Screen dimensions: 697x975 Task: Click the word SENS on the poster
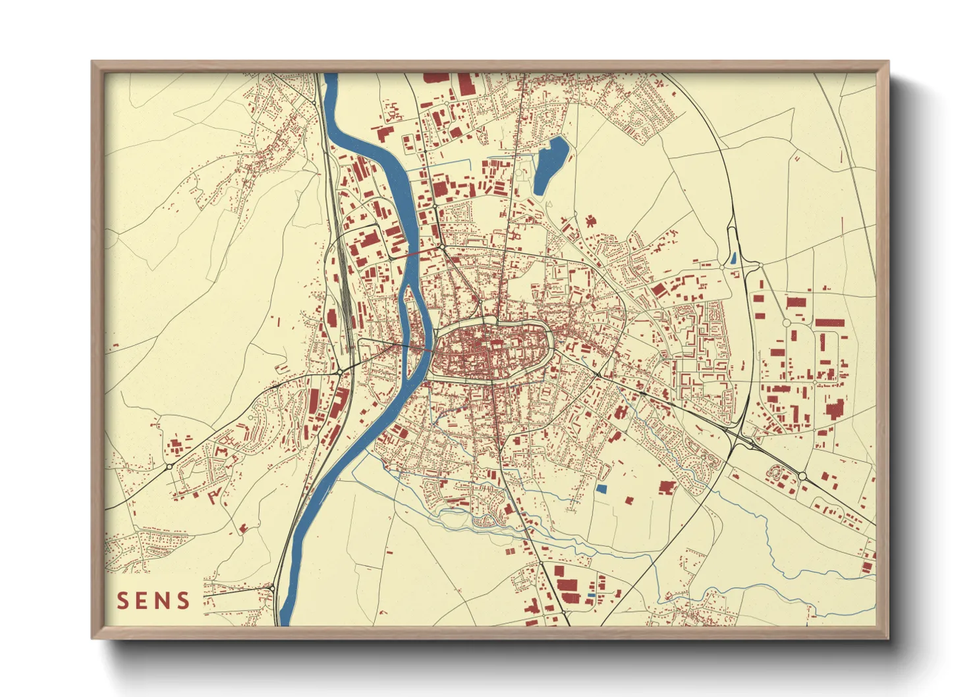(153, 601)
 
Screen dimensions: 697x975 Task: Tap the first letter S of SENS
(123, 601)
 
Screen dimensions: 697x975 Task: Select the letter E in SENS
(142, 601)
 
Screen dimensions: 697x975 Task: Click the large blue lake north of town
(549, 165)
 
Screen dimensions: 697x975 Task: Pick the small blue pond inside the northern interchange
(733, 259)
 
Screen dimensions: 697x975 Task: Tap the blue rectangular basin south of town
(601, 489)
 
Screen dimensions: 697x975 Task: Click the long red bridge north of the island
(414, 252)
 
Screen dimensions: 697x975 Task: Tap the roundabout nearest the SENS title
(271, 587)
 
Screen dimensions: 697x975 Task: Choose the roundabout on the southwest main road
(169, 466)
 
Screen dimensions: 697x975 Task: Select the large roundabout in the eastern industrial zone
(786, 323)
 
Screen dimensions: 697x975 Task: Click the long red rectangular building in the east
(829, 323)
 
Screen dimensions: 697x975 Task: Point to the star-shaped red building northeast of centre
(590, 221)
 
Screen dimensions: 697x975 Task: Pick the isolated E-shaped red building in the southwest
(214, 495)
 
